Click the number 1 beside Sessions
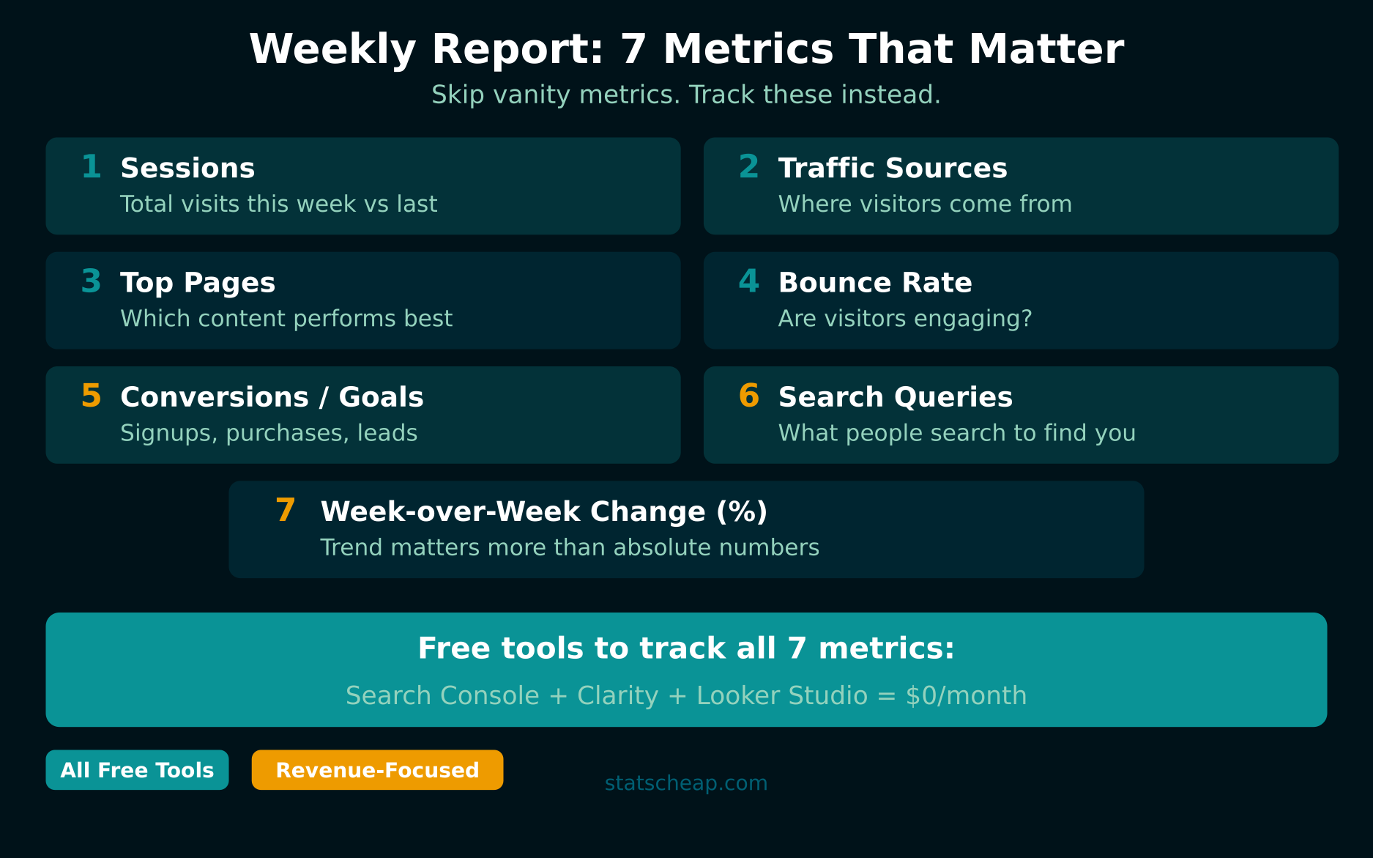coord(91,167)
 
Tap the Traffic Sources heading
coord(892,169)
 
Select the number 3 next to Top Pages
coord(91,281)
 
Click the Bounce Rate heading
coord(874,283)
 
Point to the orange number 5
coord(91,396)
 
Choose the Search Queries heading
coord(895,397)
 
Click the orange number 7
coord(286,511)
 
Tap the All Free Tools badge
coord(137,770)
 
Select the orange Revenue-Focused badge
coord(377,770)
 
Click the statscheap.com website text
coord(685,783)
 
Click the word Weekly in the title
coord(332,50)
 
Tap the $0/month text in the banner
coord(966,695)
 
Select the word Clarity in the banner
coord(617,695)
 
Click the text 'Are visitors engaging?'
coord(904,319)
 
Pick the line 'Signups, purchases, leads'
coord(269,433)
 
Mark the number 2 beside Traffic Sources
coord(748,167)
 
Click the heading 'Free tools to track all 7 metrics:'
coord(686,648)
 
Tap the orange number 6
coord(748,396)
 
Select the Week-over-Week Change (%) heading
coord(543,511)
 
